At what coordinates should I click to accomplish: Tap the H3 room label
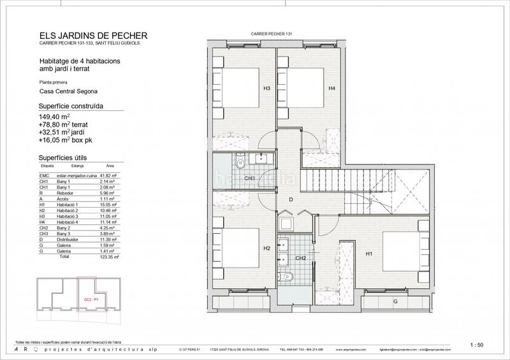(249, 89)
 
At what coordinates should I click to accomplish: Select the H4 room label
(331, 89)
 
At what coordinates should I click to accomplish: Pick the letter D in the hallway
(291, 200)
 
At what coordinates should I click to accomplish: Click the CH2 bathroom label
(301, 258)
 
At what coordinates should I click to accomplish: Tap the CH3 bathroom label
(249, 178)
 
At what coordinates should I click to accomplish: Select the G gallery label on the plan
(395, 300)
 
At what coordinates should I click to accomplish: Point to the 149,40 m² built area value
(54, 117)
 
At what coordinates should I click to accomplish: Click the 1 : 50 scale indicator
(476, 345)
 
